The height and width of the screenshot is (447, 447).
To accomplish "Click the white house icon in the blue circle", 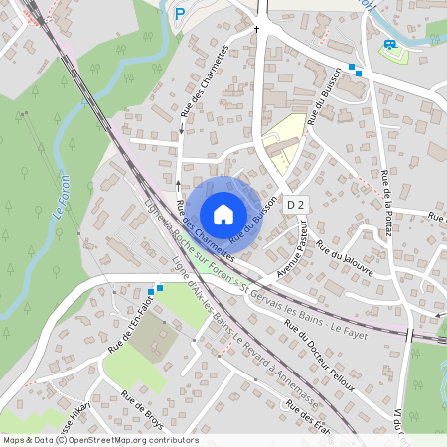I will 223,213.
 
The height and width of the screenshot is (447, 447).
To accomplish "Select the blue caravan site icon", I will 390,45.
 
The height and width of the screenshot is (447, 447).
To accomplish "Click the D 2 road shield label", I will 292,204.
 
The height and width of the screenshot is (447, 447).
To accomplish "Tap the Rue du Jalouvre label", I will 338,259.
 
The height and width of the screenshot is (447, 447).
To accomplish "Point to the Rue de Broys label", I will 141,408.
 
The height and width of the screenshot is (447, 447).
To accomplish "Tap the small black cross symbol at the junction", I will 256,29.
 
